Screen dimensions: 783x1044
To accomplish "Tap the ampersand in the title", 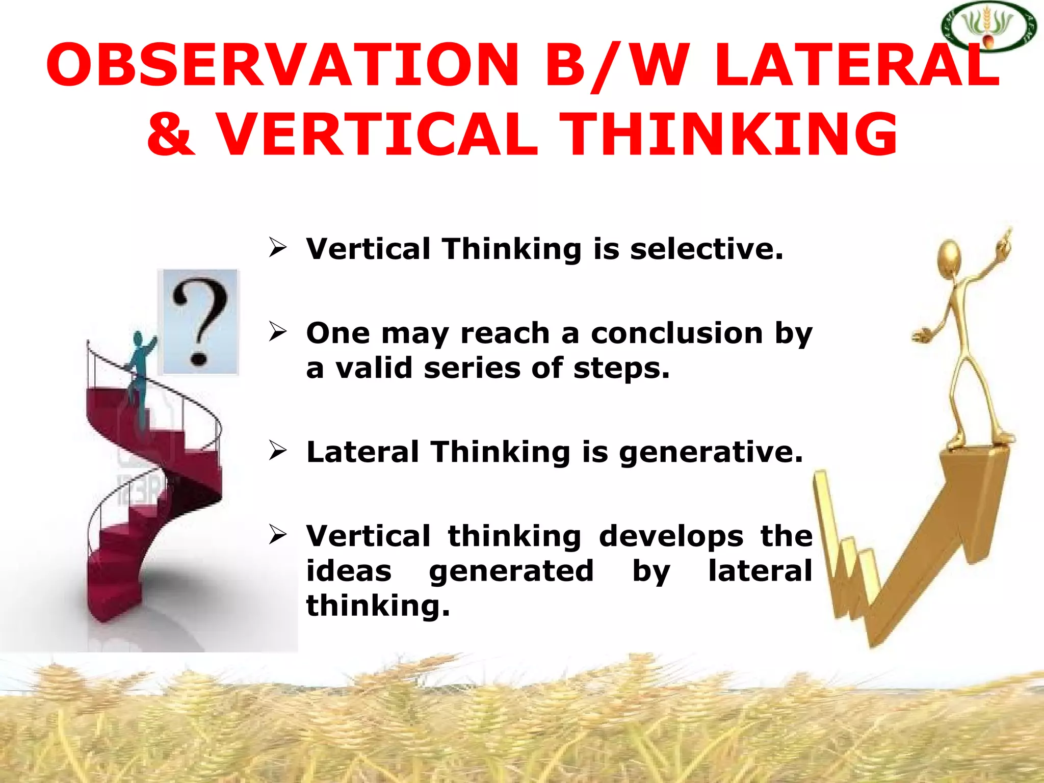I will (x=171, y=134).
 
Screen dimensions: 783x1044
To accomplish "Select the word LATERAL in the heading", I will (x=856, y=65).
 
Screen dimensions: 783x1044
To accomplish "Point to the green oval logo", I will (x=988, y=27).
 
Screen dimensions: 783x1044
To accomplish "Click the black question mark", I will (x=199, y=321).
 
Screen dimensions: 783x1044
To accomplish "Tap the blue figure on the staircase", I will (x=139, y=372).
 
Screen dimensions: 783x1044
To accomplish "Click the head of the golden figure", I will (x=949, y=257).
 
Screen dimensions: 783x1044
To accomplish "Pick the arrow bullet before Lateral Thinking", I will (x=278, y=451).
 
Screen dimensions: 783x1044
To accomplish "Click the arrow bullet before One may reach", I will (x=278, y=332).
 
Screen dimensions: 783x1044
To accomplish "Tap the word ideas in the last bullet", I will (x=349, y=570).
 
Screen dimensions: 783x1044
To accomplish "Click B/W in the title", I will (x=617, y=65).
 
